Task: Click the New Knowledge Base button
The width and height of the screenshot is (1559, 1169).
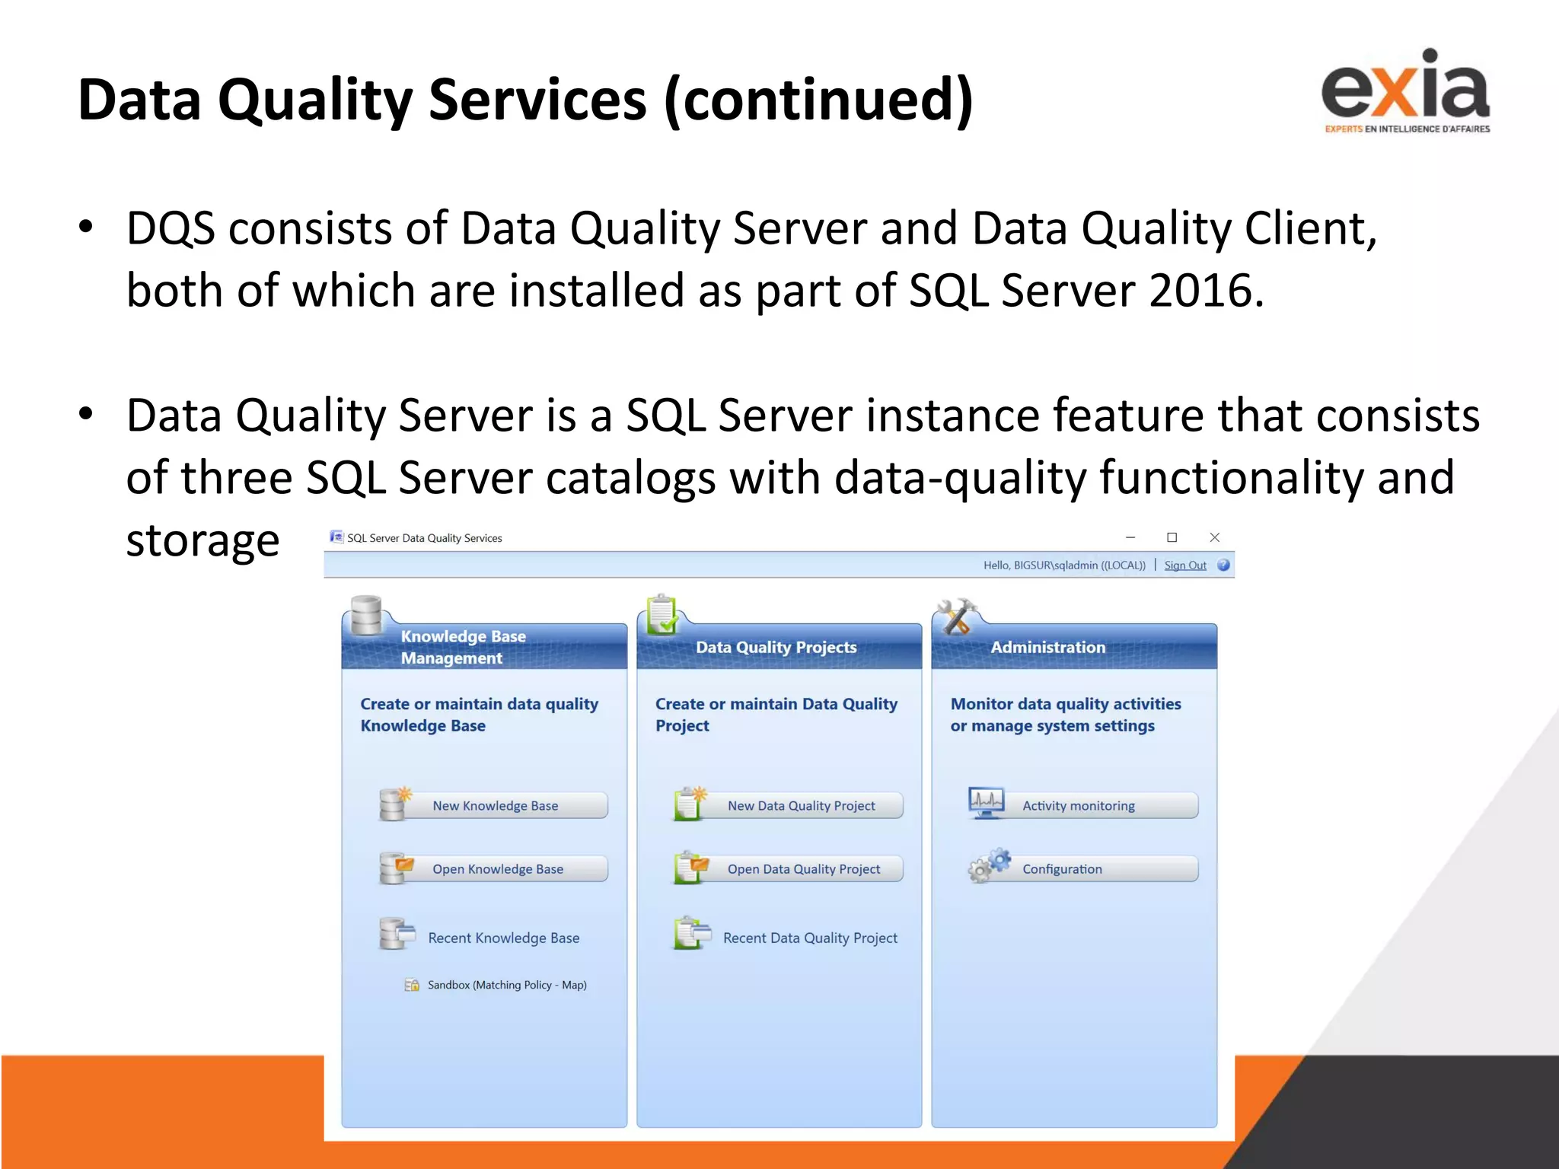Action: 495,805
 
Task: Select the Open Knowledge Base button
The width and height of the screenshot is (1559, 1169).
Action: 497,868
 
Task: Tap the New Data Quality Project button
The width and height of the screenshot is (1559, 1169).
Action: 801,805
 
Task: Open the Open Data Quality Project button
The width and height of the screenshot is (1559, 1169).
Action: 803,868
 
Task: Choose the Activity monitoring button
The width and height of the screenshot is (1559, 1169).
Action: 1078,805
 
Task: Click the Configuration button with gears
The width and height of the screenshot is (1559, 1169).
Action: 1062,868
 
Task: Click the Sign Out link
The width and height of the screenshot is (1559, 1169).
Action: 1184,565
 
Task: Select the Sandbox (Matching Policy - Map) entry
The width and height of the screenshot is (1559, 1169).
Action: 506,985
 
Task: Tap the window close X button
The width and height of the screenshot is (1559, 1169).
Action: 1214,537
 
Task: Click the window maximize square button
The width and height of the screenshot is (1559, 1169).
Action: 1172,537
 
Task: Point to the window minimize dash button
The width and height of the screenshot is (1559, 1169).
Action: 1130,537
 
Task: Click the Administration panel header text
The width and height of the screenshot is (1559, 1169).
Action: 1047,647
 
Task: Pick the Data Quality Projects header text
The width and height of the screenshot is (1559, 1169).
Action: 776,647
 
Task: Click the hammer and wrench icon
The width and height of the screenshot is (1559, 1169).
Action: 956,616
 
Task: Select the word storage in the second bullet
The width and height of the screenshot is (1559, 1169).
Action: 202,540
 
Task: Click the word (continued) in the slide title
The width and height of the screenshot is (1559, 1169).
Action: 818,100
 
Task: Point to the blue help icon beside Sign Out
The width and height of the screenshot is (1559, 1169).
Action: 1223,565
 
